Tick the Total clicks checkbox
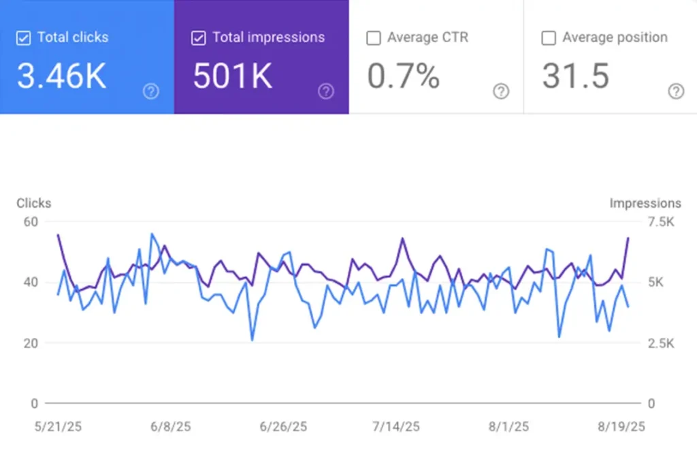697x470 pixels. pos(23,38)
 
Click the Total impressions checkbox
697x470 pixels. pos(198,38)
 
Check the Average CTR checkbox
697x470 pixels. pos(373,38)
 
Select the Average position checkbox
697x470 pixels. pos(548,38)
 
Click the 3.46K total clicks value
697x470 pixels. pos(62,76)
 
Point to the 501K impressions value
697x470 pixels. pos(233,76)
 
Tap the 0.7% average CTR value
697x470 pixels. pos(404,76)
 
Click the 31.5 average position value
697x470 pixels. pos(575,76)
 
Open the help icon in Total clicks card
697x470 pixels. pos(151,91)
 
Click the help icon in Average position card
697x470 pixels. pos(675,91)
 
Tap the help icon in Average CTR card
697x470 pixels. pos(501,91)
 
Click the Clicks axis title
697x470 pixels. pos(33,203)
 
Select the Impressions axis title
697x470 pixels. pos(645,203)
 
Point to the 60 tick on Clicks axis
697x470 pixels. pos(31,221)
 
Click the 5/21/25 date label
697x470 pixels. pos(58,427)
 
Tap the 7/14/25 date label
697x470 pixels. pos(396,427)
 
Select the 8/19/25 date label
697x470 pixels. pos(621,427)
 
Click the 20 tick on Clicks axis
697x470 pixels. pos(31,343)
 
